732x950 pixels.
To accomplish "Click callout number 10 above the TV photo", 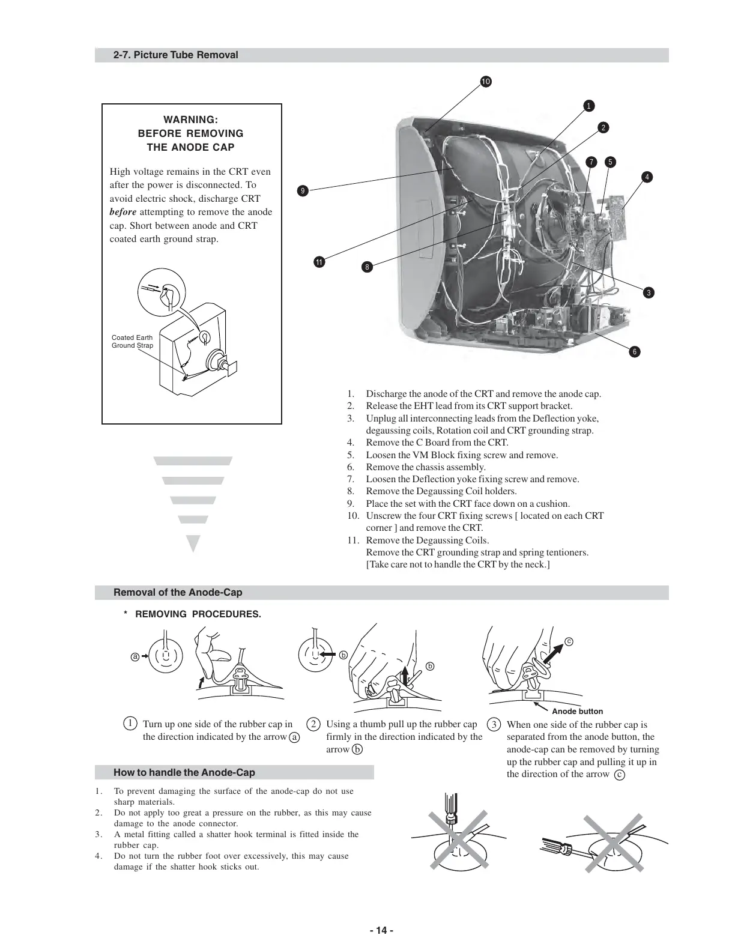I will [485, 82].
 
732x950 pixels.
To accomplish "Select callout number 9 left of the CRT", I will [303, 191].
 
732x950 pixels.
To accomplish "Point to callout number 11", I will [319, 262].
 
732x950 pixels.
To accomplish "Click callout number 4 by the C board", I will [647, 177].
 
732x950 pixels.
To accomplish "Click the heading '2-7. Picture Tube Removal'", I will [175, 55].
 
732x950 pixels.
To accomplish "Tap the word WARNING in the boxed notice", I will [190, 120].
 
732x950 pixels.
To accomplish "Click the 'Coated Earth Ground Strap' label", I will [132, 342].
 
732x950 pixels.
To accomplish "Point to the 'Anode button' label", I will [577, 711].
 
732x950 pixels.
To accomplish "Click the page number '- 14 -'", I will [382, 931].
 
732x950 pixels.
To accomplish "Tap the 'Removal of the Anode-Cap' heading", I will [178, 593].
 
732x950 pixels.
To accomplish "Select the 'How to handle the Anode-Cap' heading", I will [184, 772].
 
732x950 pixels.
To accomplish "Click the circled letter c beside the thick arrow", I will [569, 641].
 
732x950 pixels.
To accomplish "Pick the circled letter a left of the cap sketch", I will [135, 656].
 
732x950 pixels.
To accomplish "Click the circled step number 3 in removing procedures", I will [493, 724].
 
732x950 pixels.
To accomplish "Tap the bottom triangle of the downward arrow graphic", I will [193, 543].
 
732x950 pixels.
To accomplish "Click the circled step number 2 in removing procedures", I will [313, 724].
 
